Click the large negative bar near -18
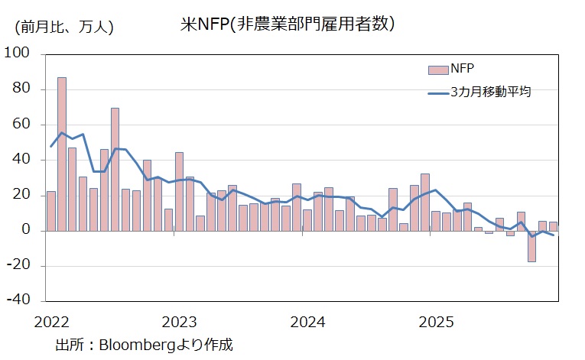tap(531, 246)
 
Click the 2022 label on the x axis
tap(52, 319)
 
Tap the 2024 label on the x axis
tap(308, 319)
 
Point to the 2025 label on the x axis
tap(436, 319)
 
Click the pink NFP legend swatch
tap(437, 70)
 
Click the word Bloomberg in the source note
tap(141, 344)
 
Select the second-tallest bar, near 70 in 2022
tap(115, 168)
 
